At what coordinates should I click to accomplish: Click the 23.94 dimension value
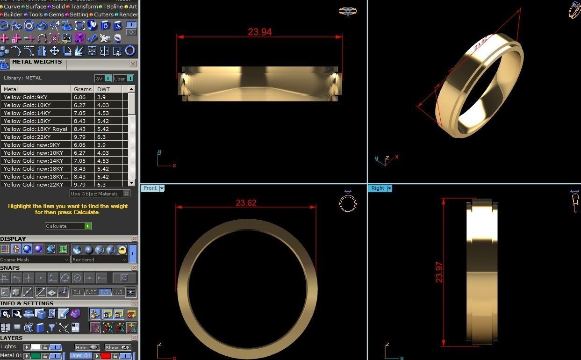259,32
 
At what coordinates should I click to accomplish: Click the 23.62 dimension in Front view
246,203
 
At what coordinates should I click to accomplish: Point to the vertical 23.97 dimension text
439,272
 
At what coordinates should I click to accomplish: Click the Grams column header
82,89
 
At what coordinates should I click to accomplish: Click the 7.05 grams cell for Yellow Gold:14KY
79,113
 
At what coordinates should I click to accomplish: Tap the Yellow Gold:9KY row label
25,97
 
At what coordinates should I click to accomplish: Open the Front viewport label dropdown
162,188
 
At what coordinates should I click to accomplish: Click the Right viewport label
377,188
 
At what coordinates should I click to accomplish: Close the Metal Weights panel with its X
133,64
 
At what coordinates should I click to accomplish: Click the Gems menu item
56,14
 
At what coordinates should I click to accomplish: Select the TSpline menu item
113,7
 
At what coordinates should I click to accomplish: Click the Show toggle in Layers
117,347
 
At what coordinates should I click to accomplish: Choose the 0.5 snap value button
104,292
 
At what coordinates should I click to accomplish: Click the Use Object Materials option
100,194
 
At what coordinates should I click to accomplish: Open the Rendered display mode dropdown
100,260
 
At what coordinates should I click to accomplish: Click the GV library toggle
103,79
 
